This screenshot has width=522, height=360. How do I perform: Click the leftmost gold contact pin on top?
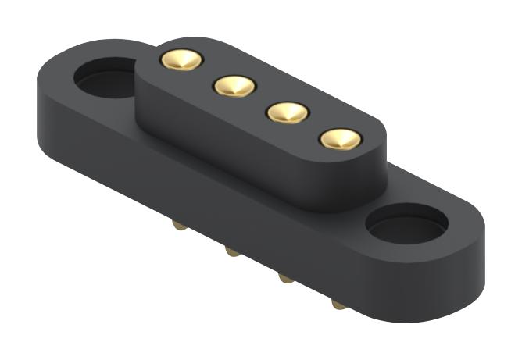pyautogui.click(x=181, y=60)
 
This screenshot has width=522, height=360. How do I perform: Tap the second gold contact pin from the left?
pyautogui.click(x=234, y=86)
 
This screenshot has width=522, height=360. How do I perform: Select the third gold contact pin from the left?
pyautogui.click(x=288, y=112)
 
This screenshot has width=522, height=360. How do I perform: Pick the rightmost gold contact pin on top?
pyautogui.click(x=341, y=140)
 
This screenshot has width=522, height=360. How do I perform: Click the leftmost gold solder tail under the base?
pyautogui.click(x=179, y=226)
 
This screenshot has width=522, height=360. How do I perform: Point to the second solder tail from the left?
pyautogui.click(x=231, y=251)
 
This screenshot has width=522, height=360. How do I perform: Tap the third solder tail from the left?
pyautogui.click(x=286, y=278)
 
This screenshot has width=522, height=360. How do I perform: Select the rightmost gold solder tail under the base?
pyautogui.click(x=339, y=304)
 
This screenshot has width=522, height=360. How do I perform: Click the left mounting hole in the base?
pyautogui.click(x=105, y=77)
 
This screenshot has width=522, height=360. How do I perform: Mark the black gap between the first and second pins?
pyautogui.click(x=208, y=73)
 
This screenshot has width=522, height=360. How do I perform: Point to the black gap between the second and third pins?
pyautogui.click(x=261, y=99)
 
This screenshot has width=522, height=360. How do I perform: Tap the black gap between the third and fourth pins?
pyautogui.click(x=314, y=126)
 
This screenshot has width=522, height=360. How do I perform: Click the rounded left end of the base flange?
pyautogui.click(x=47, y=102)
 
